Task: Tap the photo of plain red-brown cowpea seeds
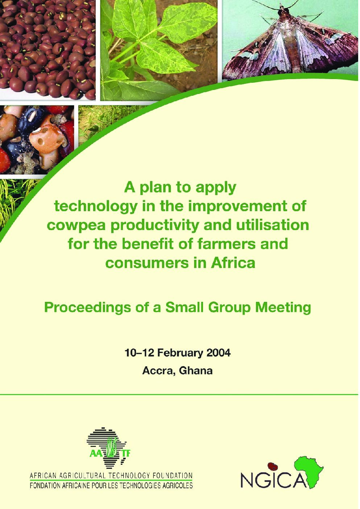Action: [48, 50]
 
